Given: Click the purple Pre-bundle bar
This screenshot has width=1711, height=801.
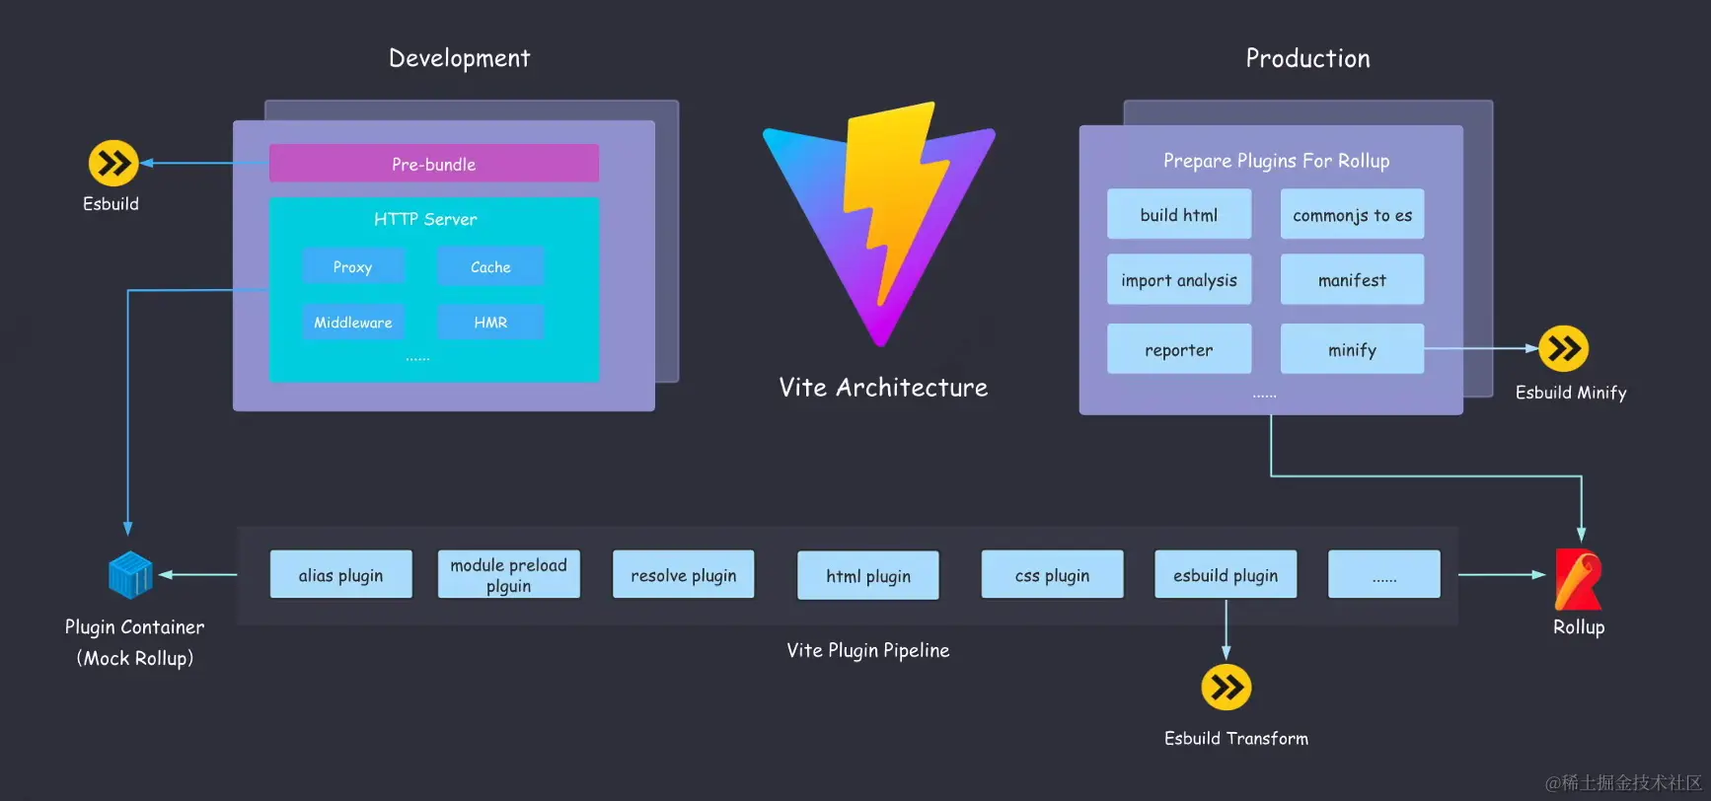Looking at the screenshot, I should click(433, 164).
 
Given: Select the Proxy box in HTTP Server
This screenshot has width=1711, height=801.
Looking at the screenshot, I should click(352, 266).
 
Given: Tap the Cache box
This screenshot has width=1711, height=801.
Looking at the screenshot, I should click(490, 266).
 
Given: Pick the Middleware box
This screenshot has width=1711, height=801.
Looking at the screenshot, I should click(352, 323).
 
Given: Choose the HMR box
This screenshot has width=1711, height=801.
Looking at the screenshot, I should click(490, 323).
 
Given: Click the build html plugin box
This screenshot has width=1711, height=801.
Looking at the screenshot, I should click(1178, 214).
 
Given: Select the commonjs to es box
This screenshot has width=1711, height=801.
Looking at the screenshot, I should click(1352, 214).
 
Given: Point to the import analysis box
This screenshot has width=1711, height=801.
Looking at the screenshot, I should click(1178, 280).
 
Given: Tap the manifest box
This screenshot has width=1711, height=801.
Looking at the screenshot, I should click(1352, 280).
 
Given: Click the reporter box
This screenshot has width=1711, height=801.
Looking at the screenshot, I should click(1178, 349).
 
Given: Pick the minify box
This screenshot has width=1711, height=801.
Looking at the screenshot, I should click(1352, 349).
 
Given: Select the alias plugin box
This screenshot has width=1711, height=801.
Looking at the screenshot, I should click(340, 575).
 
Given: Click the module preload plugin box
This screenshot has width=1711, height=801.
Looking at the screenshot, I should click(508, 575).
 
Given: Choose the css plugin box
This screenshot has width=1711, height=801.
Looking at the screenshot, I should click(1052, 575).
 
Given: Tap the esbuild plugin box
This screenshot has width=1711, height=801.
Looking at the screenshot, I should click(1226, 575).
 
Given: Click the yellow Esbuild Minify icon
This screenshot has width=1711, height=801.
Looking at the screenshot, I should click(1563, 348).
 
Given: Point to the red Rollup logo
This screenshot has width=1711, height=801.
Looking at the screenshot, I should click(1578, 579).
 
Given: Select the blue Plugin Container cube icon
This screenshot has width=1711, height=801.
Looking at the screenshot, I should click(130, 575).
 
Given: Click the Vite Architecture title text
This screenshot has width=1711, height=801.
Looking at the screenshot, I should click(883, 388).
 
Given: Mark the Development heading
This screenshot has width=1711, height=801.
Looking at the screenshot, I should click(459, 58).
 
